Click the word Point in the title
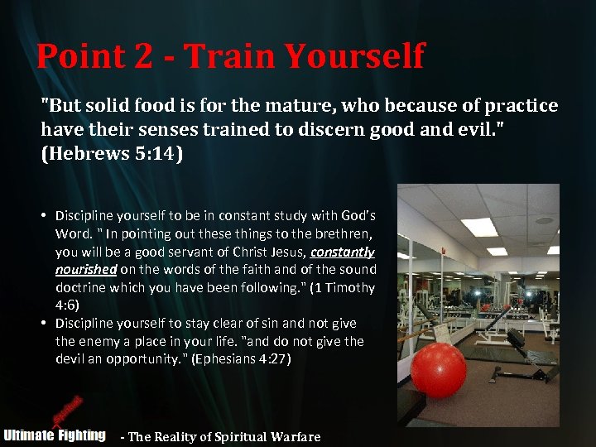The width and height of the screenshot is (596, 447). [x=79, y=56]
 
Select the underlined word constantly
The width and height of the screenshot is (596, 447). [x=342, y=252]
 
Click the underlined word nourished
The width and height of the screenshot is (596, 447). [x=86, y=269]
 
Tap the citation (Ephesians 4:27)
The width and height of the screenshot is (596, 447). [x=241, y=359]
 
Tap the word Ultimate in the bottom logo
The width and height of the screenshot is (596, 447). [x=29, y=435]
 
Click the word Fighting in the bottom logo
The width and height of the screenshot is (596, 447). [x=82, y=435]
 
